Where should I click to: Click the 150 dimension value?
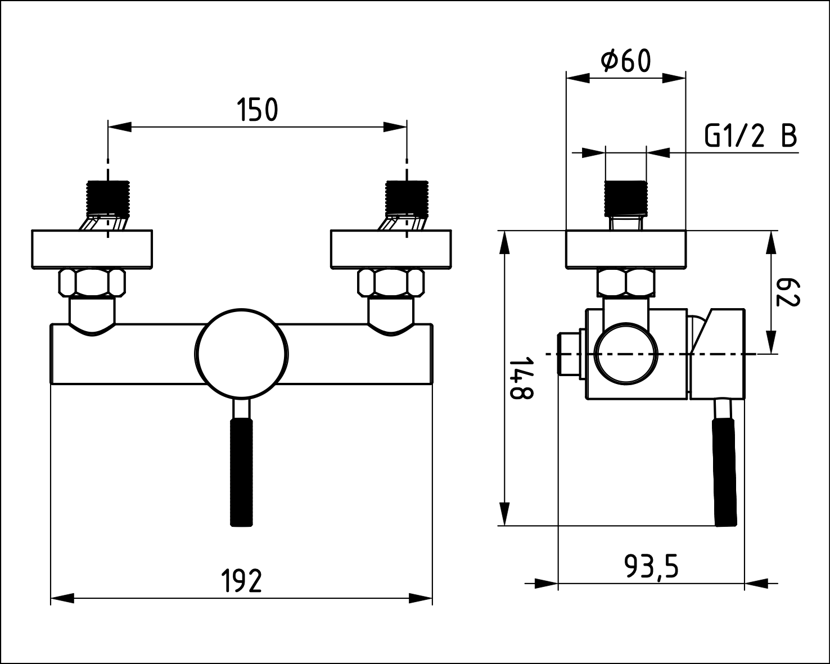coord(257,109)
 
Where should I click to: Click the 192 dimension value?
coord(242,581)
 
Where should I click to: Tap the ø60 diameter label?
coord(625,61)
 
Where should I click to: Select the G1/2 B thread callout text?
coord(751,136)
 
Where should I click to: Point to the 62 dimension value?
coord(788,292)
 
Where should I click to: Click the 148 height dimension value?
coord(521,378)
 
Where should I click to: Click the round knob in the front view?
coord(241,353)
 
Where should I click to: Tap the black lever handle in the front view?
coord(241,472)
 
